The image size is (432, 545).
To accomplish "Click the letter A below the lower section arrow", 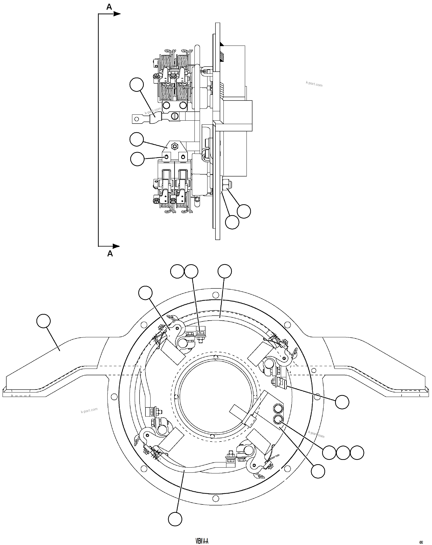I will point(110,254).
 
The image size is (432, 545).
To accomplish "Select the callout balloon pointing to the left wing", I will point(43,321).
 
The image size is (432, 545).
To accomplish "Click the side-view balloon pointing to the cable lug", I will point(137,85).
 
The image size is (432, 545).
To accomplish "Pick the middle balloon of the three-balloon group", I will point(343,452).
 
